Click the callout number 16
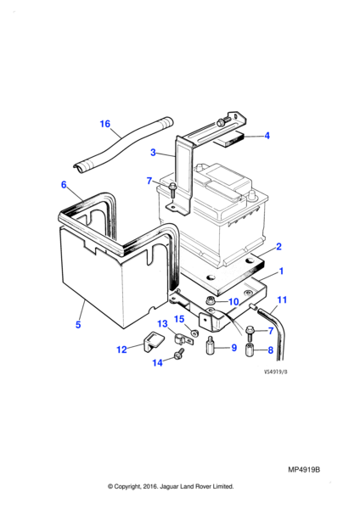pyautogui.click(x=105, y=124)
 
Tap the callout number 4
pyautogui.click(x=267, y=136)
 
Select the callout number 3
pyautogui.click(x=153, y=152)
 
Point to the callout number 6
pyautogui.click(x=64, y=185)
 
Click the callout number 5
pyautogui.click(x=78, y=325)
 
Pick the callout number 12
pyautogui.click(x=122, y=350)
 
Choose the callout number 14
pyautogui.click(x=158, y=362)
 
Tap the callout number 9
pyautogui.click(x=234, y=348)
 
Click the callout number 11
pyautogui.click(x=282, y=299)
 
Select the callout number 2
pyautogui.click(x=278, y=246)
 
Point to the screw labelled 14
pyautogui.click(x=180, y=354)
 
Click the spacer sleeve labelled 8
pyautogui.click(x=250, y=350)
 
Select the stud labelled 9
pyautogui.click(x=210, y=346)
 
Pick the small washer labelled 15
pyautogui.click(x=194, y=332)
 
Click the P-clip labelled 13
pyautogui.click(x=183, y=339)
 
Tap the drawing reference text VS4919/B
pyautogui.click(x=276, y=372)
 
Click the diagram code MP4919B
pyautogui.click(x=304, y=470)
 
